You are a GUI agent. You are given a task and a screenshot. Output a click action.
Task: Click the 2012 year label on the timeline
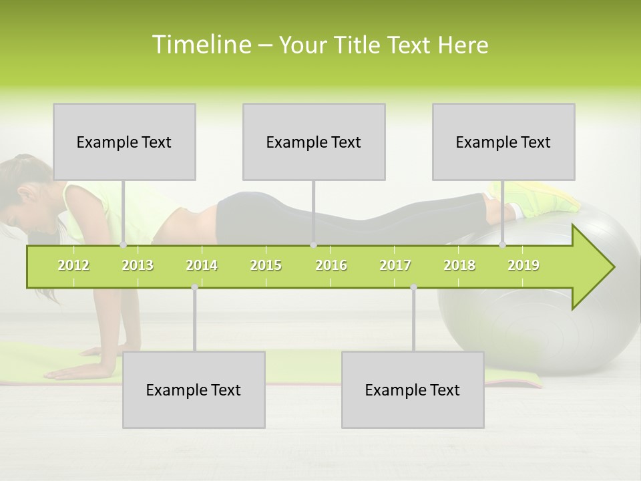pyautogui.click(x=73, y=265)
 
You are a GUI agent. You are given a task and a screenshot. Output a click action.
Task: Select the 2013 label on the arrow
pyautogui.click(x=138, y=265)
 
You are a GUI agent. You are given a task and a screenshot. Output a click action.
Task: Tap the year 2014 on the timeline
pyautogui.click(x=202, y=265)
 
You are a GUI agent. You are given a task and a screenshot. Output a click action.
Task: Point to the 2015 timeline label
pyautogui.click(x=266, y=265)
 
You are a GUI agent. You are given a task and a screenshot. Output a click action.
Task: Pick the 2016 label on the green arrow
pyautogui.click(x=331, y=265)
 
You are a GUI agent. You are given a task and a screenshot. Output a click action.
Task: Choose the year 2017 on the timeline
pyautogui.click(x=395, y=265)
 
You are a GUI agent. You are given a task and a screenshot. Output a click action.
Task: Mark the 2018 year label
pyautogui.click(x=459, y=265)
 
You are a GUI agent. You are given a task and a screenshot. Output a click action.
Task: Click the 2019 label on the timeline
pyautogui.click(x=523, y=265)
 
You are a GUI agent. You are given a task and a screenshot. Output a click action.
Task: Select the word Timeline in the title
pyautogui.click(x=200, y=45)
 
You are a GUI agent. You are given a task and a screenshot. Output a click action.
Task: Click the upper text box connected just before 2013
pyautogui.click(x=124, y=142)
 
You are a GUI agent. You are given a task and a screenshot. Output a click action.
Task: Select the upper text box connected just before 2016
pyautogui.click(x=314, y=142)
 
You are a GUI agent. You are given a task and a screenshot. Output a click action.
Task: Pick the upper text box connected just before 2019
pyautogui.click(x=503, y=142)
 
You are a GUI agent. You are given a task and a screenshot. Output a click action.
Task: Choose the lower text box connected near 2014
pyautogui.click(x=194, y=389)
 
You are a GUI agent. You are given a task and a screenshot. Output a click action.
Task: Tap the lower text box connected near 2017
pyautogui.click(x=413, y=389)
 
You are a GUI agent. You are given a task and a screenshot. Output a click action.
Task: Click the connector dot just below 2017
pyautogui.click(x=413, y=287)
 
